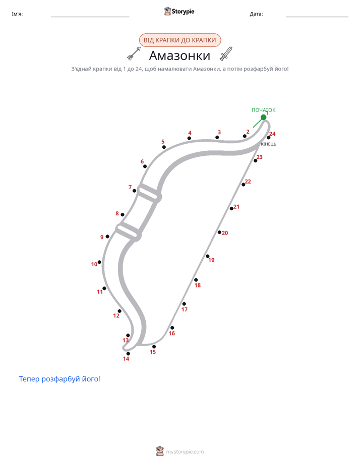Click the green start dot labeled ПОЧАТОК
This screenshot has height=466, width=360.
pos(264,118)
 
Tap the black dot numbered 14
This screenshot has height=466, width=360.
pos(128,354)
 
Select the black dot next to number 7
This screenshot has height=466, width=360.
pos(134,191)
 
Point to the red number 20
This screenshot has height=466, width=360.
pos(225,233)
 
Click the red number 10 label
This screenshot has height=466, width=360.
pos(94,264)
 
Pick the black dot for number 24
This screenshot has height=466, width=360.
pos(269,138)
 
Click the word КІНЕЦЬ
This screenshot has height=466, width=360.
pos(269,144)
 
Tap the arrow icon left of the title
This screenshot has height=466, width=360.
pos(134,53)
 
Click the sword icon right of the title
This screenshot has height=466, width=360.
pos(226,53)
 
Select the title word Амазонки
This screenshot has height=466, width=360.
pos(179,55)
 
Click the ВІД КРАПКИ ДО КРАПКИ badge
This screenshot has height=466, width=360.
pos(180,40)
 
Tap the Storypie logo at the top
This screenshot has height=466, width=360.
pos(179,11)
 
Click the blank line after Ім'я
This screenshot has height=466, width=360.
pos(90,17)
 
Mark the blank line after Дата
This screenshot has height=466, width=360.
pos(317,17)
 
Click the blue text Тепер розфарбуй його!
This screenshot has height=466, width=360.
pos(59,379)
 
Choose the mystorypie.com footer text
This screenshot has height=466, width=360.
pos(185,452)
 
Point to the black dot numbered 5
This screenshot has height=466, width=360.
pos(164,147)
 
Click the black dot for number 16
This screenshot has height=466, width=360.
pos(172,328)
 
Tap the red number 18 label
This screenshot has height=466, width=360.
pos(198,285)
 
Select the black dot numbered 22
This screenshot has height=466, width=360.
pos(244,185)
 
